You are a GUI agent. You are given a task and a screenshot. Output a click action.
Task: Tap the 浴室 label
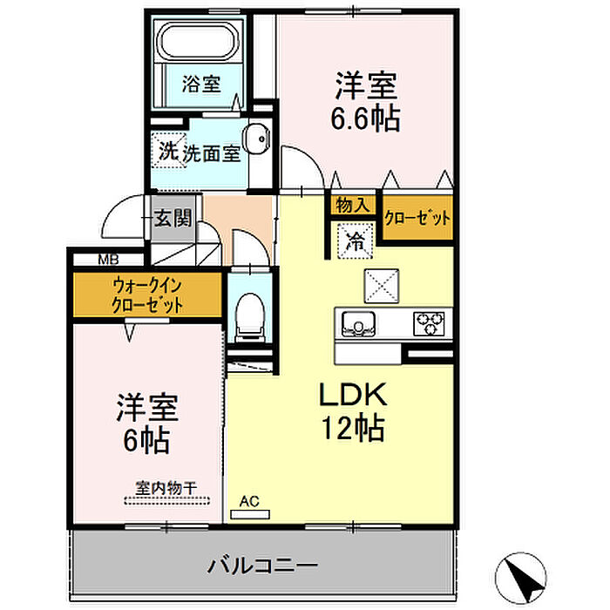point(201,84)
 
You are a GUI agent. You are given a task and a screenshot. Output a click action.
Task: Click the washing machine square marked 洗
point(169,151)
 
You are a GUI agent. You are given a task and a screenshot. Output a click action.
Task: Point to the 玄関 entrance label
point(173,218)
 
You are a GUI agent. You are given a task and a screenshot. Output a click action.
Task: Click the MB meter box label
point(108,259)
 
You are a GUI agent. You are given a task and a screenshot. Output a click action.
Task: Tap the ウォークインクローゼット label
point(147,295)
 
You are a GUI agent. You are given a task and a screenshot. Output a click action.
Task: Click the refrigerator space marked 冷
point(356,241)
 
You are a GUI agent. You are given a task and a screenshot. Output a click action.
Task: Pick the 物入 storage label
point(353,204)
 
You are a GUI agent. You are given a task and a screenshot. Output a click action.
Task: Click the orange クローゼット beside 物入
point(417,218)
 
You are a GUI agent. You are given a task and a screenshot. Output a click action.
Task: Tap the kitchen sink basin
point(358,324)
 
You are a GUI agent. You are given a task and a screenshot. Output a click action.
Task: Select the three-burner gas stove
point(429,323)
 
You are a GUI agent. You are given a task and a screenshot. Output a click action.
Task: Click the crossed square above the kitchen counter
point(382,286)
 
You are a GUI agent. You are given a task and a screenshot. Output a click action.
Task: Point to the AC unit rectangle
point(250,515)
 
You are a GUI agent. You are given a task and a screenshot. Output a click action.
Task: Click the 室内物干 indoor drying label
point(166,488)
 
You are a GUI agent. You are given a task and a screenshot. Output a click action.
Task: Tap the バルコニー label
point(262,566)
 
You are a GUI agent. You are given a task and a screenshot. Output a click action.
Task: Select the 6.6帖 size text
point(365,119)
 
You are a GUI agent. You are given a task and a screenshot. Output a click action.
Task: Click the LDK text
point(353,395)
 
